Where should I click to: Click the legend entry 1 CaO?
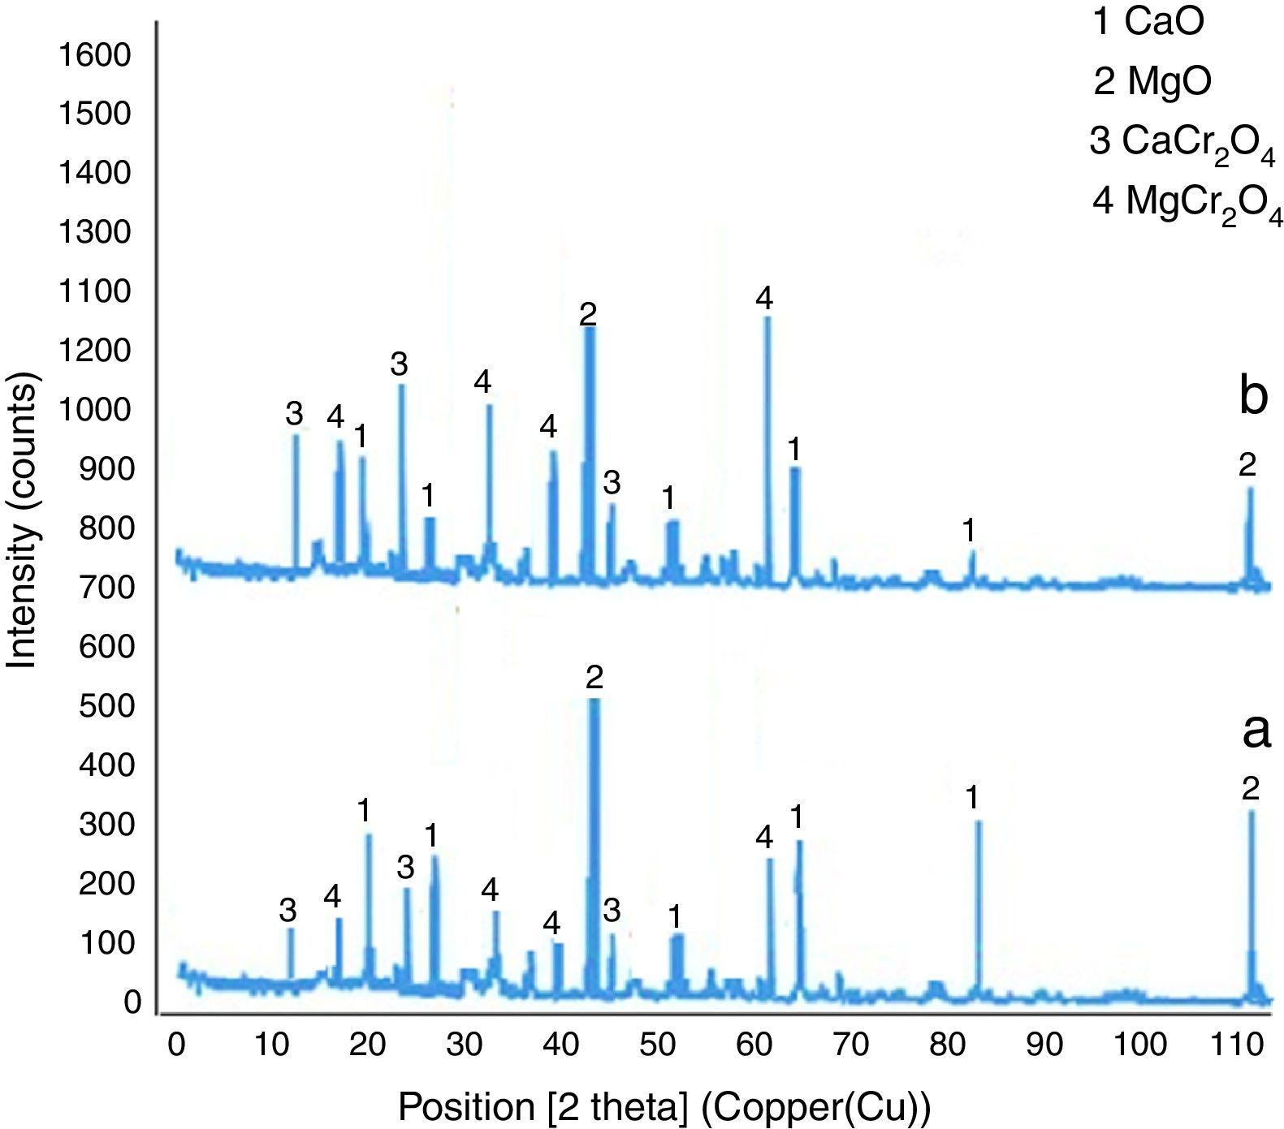click(x=1148, y=23)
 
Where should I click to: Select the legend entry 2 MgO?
click(x=1152, y=81)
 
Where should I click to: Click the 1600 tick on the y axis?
click(x=93, y=55)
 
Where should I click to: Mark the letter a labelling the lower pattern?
click(x=1256, y=731)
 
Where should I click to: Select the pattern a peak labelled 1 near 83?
click(x=978, y=824)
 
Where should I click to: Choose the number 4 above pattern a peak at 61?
click(x=763, y=838)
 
